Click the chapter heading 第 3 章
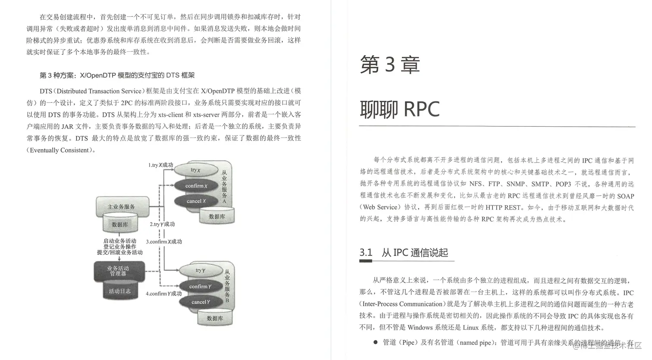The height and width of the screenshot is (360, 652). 389,65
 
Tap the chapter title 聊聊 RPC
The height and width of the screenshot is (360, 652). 399,109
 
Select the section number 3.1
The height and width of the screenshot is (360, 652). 366,252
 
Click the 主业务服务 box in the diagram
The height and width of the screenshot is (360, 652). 121,207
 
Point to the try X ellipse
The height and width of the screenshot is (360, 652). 195,170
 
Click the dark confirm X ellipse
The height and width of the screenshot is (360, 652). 196,186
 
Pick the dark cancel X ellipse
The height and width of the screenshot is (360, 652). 196,201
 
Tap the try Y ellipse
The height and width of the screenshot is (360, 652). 200,270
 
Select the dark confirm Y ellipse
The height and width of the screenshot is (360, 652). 200,286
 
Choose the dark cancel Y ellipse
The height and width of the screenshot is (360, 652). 201,302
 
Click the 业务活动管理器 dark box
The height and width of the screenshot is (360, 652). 119,271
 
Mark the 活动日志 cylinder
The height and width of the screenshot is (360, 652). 119,291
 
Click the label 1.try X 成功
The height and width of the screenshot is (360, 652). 160,165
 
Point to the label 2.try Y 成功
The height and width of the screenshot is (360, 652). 162,224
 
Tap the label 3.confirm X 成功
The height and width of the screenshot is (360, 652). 164,242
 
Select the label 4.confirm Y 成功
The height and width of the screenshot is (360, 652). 163,294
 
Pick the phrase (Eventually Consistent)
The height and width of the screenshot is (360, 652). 60,150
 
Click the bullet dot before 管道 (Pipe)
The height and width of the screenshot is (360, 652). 375,342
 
